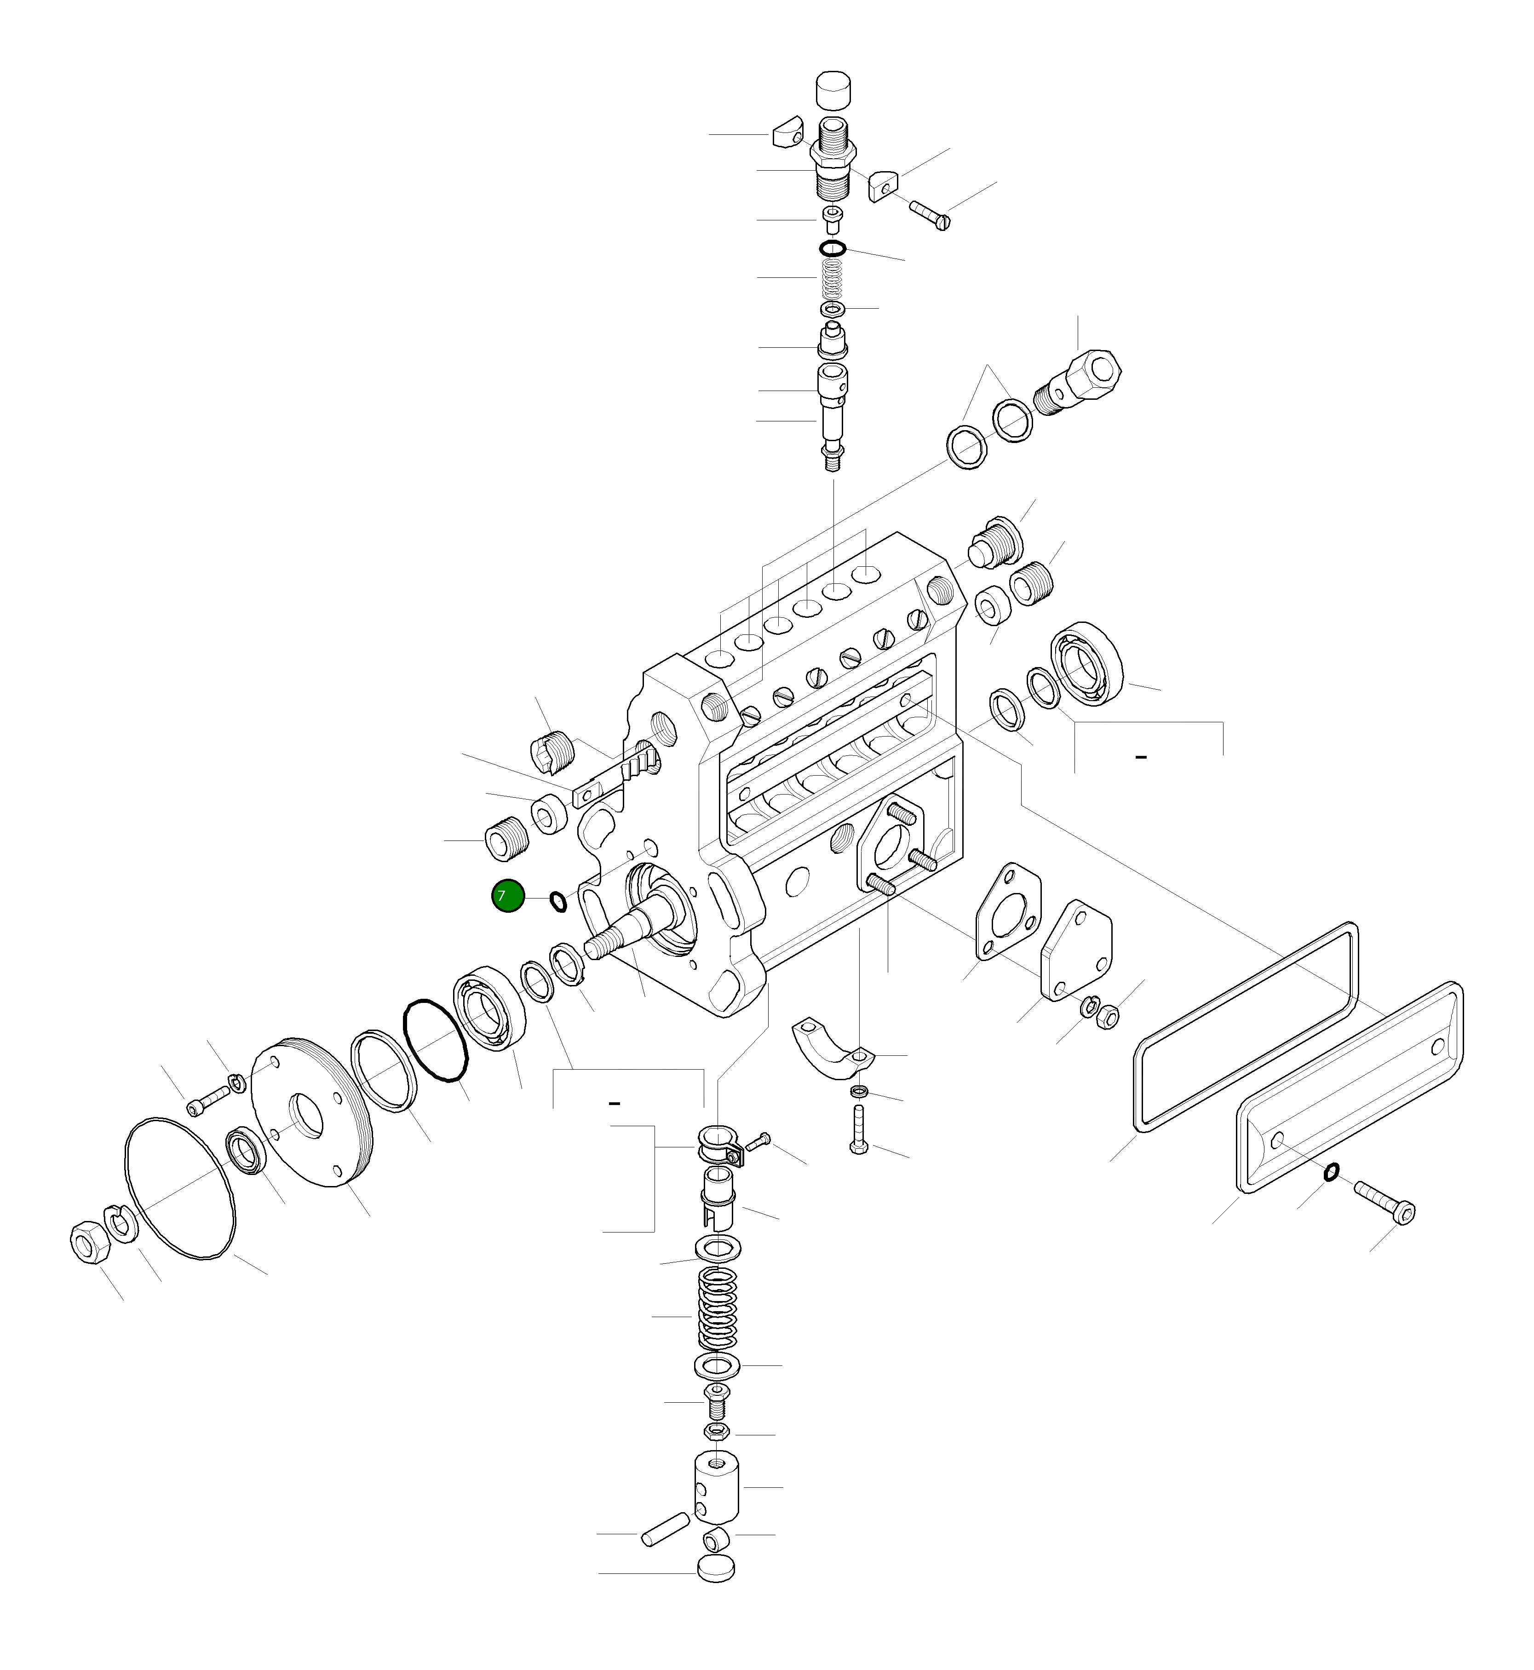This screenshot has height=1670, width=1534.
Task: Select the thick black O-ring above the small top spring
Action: tap(833, 248)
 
